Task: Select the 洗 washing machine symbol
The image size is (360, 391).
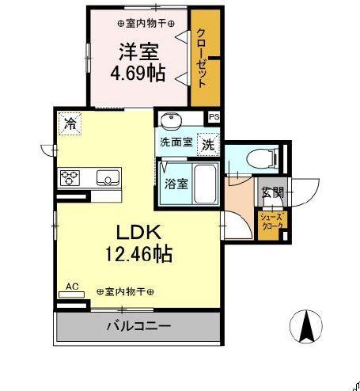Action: (x=207, y=145)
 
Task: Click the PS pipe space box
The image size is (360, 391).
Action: (x=214, y=117)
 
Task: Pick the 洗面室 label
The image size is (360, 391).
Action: (x=176, y=143)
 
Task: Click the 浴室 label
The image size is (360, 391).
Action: (x=175, y=184)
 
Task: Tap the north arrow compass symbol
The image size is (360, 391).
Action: (x=307, y=325)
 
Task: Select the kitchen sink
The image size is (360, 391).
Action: (x=106, y=177)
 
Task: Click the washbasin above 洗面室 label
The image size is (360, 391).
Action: (x=170, y=121)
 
